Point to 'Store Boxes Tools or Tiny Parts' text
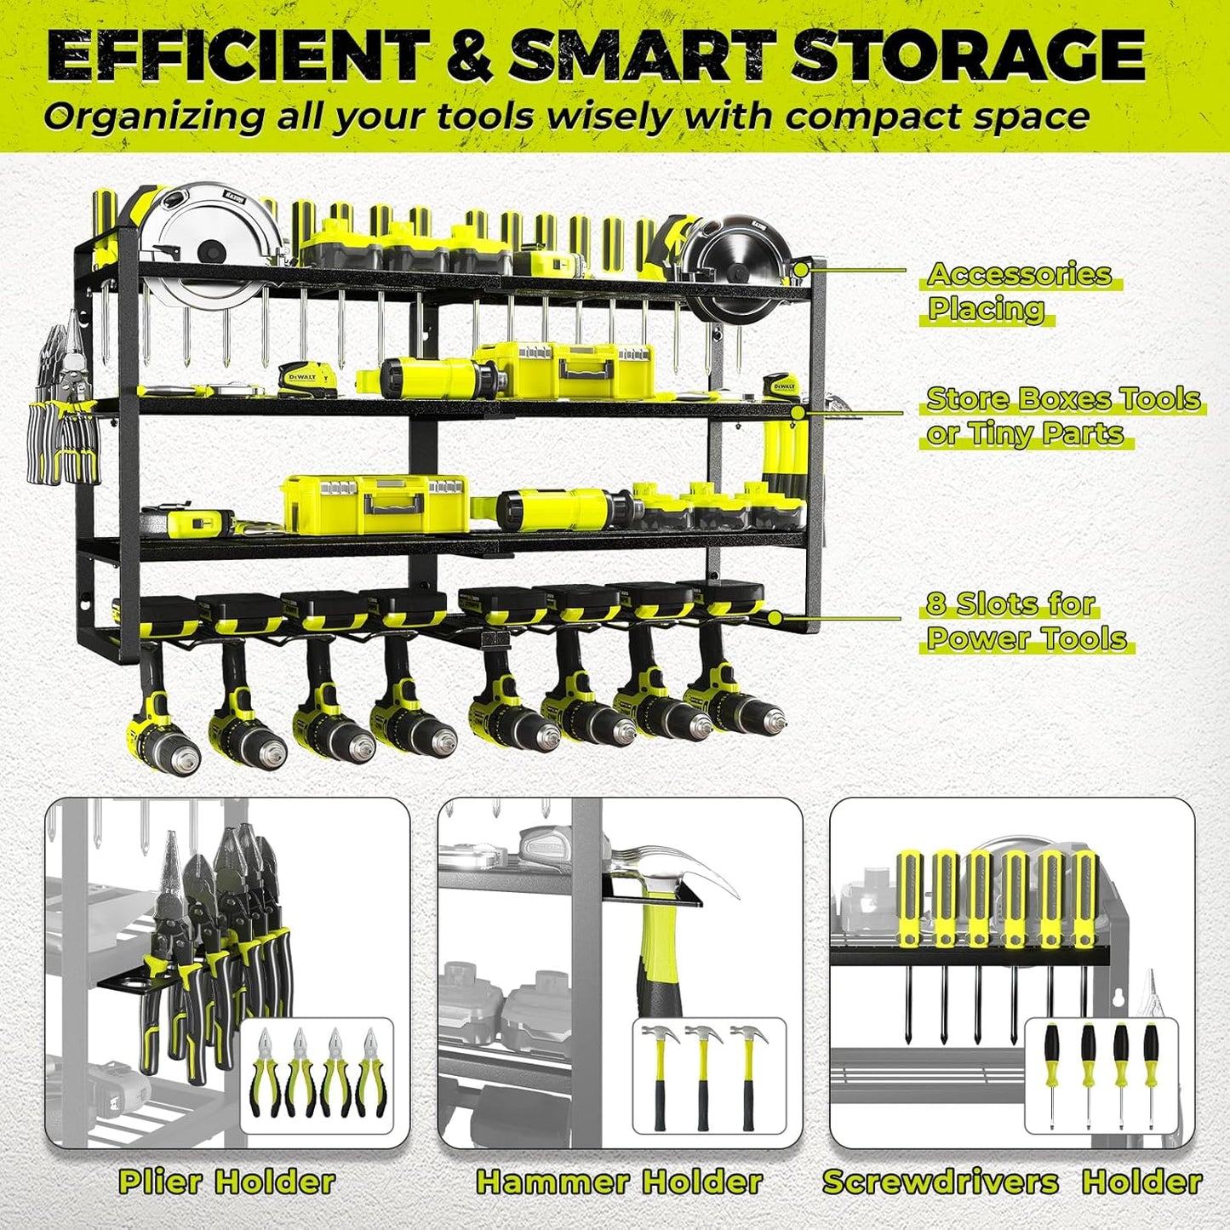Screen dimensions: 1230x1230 click(1061, 416)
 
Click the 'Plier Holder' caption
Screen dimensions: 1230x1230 click(227, 1181)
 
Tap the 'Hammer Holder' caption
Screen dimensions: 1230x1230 click(619, 1181)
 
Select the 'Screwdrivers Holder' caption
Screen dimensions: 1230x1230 click(1011, 1181)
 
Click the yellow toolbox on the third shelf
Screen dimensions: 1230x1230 click(375, 504)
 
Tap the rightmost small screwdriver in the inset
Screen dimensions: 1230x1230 click(1151, 1074)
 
